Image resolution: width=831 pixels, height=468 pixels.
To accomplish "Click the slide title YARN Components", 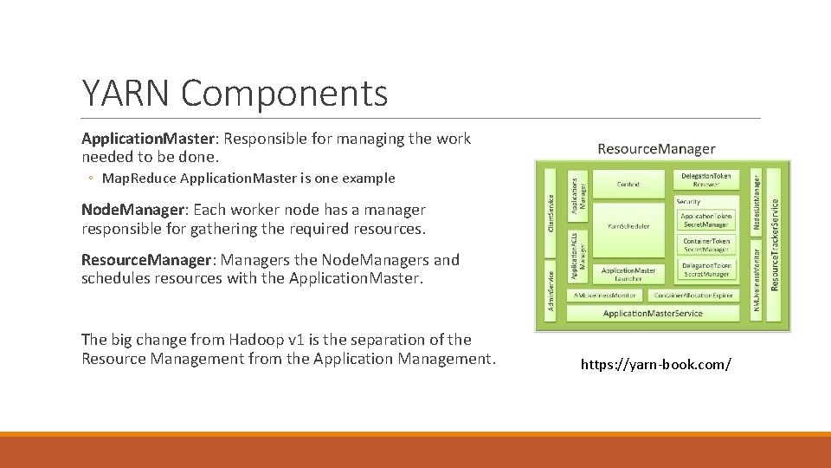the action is (235, 93).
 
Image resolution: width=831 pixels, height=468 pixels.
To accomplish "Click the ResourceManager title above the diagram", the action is (656, 149).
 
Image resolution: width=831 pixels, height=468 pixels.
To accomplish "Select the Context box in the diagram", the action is (628, 183).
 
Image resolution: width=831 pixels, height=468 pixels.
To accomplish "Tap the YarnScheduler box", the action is (628, 226).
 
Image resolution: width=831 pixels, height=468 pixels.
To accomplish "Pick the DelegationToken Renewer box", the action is (706, 180).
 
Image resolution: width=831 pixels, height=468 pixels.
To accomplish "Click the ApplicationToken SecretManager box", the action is (706, 220).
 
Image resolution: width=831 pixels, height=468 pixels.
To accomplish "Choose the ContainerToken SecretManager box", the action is (706, 245).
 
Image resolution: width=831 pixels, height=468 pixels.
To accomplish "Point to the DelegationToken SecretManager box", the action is (706, 270).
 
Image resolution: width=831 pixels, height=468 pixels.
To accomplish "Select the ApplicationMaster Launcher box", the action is (628, 274).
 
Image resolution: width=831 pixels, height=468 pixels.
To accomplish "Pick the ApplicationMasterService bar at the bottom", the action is (653, 313).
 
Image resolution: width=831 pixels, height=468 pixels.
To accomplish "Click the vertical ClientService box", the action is (551, 211).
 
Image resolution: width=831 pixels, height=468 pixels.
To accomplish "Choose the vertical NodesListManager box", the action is (756, 202).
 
